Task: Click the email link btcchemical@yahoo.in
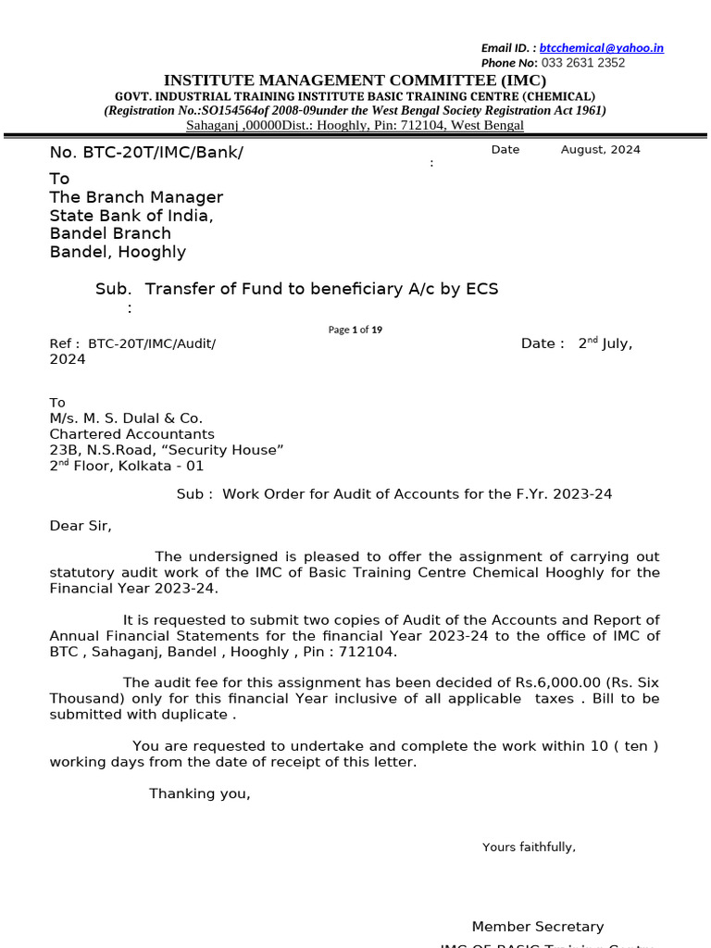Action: (601, 48)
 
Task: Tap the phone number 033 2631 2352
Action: (582, 63)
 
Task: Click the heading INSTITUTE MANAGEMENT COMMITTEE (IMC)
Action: (355, 81)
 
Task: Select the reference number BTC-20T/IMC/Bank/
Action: (146, 152)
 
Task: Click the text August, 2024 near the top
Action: (600, 149)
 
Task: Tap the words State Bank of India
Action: (131, 216)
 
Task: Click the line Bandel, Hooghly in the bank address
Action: (118, 252)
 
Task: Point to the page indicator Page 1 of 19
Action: (355, 330)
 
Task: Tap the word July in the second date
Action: (617, 343)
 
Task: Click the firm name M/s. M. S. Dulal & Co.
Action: (126, 418)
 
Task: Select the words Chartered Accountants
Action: (131, 434)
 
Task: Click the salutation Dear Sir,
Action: (81, 526)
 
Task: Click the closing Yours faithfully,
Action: (529, 847)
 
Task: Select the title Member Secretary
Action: (538, 927)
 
